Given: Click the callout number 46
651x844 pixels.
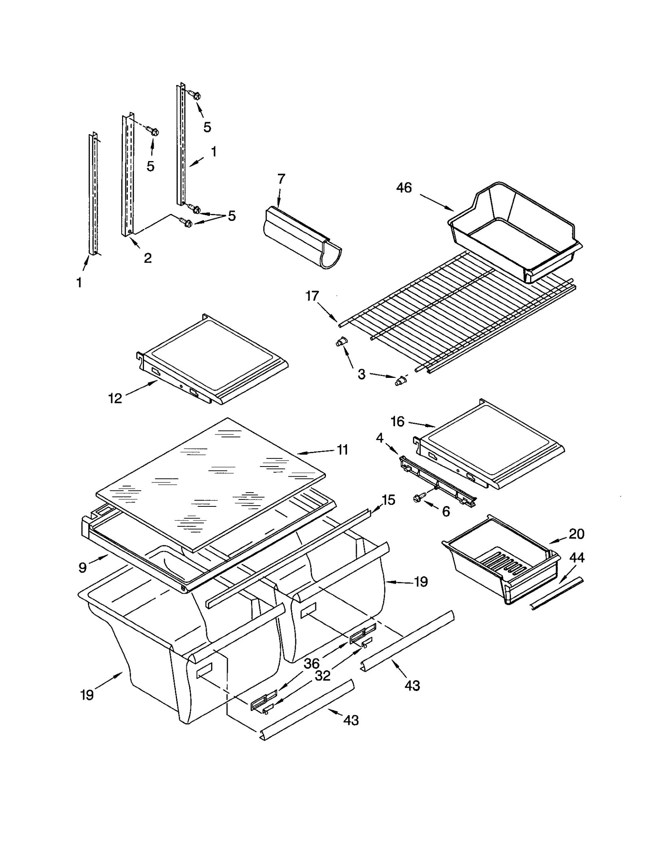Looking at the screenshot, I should pyautogui.click(x=404, y=188).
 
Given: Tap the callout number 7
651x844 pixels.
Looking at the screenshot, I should pyautogui.click(x=281, y=179).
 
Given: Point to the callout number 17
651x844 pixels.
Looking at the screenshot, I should pyautogui.click(x=312, y=296).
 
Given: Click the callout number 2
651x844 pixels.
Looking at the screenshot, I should pyautogui.click(x=148, y=257).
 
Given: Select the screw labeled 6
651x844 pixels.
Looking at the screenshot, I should pyautogui.click(x=418, y=497).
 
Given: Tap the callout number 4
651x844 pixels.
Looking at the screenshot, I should pyautogui.click(x=380, y=438).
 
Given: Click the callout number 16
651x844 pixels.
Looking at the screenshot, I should pyautogui.click(x=398, y=421).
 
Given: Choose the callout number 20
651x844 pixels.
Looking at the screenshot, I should pyautogui.click(x=576, y=534).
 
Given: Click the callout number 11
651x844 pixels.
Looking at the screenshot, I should pyautogui.click(x=343, y=450).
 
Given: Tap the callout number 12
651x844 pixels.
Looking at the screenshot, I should pyautogui.click(x=115, y=399).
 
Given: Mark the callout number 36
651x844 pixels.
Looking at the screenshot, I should pyautogui.click(x=312, y=663).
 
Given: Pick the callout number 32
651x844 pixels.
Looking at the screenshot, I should pyautogui.click(x=323, y=676).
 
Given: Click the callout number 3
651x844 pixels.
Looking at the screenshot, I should pyautogui.click(x=362, y=374).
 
